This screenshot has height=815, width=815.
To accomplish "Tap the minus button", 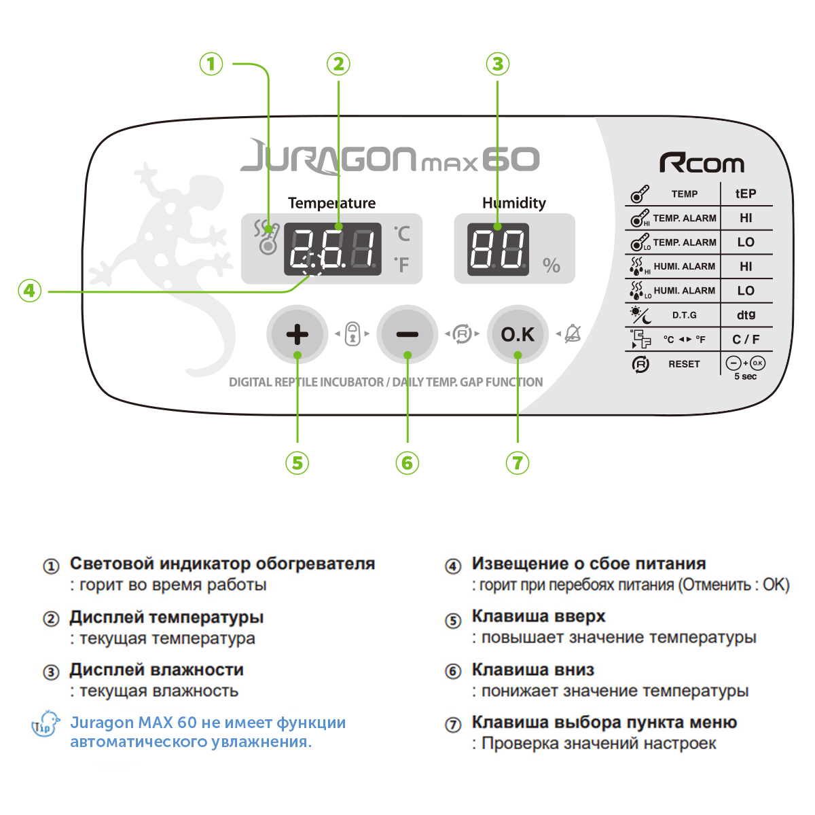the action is pos(407,334).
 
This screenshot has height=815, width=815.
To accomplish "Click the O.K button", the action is pos(518,334).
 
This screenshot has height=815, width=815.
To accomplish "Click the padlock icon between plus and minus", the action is pos(352,333).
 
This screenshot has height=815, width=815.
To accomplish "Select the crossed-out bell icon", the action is pos(573,333).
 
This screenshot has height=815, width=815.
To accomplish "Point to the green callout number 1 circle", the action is pos(211,64).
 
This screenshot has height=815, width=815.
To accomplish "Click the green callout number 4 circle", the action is pos(30,291).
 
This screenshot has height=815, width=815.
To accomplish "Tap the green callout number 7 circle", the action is pos(518,463).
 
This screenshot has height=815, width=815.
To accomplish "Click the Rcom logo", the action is pos(702,163).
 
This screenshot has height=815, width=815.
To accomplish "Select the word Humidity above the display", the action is pos(514,203).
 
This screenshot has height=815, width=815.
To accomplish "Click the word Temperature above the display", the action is pos(331,203).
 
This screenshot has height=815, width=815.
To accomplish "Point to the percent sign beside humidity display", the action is pos(551,266).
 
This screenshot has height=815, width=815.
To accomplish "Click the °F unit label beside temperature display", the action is pos(402,265).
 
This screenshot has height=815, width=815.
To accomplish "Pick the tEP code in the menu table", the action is pos(746,194).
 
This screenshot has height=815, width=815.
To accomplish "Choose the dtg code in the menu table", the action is pos(746,315).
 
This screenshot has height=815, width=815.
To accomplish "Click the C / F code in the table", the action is pos(746,339).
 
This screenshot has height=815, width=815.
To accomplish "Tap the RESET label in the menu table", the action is pos(684,364).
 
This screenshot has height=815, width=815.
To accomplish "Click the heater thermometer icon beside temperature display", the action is pos(266,238).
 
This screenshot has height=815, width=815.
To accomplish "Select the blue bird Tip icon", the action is pos(46,725).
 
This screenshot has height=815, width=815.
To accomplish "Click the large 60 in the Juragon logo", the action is pos(511,160).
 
